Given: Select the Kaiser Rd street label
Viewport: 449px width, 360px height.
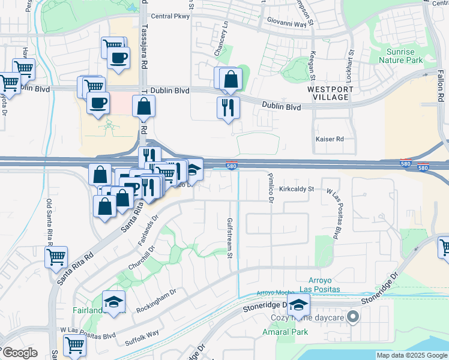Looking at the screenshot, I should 330,139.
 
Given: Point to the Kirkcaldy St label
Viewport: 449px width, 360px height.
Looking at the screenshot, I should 297,188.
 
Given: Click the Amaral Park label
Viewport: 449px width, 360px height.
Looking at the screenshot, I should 281,331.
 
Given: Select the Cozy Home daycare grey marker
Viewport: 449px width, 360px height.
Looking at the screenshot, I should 354,316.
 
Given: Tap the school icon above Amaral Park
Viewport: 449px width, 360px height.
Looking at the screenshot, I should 298,306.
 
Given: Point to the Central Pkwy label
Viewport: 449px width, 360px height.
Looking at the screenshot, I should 170,16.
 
